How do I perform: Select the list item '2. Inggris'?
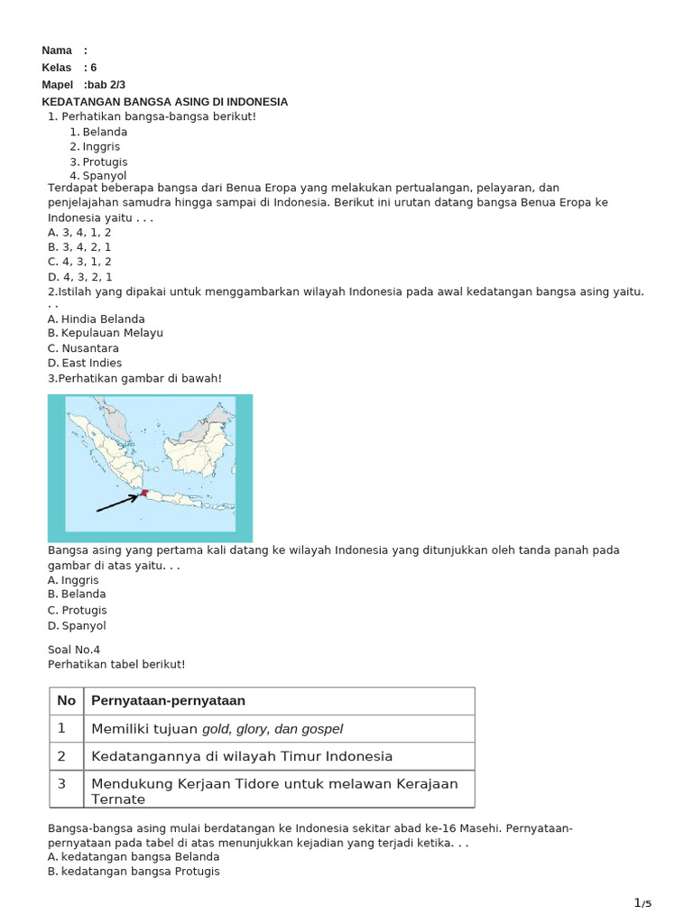pyautogui.click(x=95, y=146)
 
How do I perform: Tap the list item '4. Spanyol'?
pyautogui.click(x=98, y=176)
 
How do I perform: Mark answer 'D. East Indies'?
pyautogui.click(x=85, y=363)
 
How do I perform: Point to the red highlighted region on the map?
pyautogui.click(x=143, y=493)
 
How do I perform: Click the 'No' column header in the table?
pyautogui.click(x=66, y=701)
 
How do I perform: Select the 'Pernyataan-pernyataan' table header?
pyautogui.click(x=169, y=701)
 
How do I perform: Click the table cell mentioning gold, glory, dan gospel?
pyautogui.click(x=217, y=728)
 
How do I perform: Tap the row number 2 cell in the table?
pyautogui.click(x=62, y=756)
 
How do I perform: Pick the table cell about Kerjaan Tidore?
pyautogui.click(x=274, y=790)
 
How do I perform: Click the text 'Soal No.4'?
pyautogui.click(x=74, y=649)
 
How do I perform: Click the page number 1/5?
pyautogui.click(x=642, y=903)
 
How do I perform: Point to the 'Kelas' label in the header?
pyautogui.click(x=57, y=68)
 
